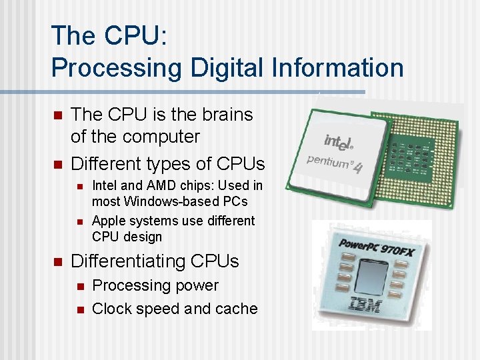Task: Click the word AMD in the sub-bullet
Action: click(157, 185)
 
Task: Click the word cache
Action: click(236, 309)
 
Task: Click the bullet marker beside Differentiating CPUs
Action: click(57, 261)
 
